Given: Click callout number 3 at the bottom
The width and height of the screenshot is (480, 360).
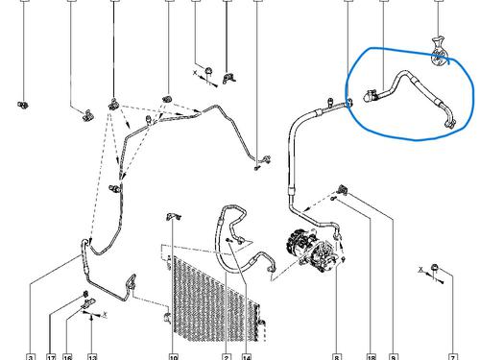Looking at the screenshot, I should [x=31, y=356].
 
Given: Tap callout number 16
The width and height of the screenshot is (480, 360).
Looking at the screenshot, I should [x=67, y=356].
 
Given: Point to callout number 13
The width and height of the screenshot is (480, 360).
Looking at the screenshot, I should [x=89, y=356].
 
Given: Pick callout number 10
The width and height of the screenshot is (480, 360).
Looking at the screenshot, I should [x=173, y=356].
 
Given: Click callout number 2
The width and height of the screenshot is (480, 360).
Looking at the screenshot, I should [x=226, y=356].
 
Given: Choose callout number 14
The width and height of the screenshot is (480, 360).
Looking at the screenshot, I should [x=247, y=356].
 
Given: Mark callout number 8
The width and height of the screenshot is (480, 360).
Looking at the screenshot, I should [x=337, y=356].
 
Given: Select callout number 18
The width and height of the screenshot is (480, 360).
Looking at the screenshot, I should [x=370, y=356].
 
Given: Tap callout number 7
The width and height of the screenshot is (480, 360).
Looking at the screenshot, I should [x=451, y=356].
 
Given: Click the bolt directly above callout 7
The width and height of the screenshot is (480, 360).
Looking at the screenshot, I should [x=436, y=267].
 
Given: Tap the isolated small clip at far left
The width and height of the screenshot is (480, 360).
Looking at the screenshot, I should [x=22, y=102].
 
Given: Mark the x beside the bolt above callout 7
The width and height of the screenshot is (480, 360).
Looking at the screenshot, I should [x=421, y=267].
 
